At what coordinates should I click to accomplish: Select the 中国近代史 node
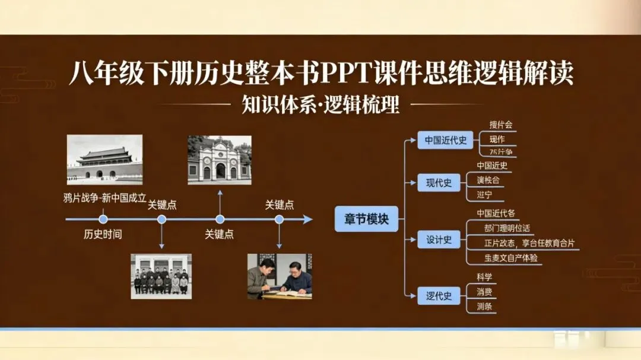click(445, 141)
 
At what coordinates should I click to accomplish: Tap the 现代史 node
click(439, 183)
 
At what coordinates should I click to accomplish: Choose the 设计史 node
click(439, 240)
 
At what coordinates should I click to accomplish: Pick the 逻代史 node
click(439, 295)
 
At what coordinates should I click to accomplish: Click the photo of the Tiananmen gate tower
click(104, 160)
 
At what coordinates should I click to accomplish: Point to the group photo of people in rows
click(161, 276)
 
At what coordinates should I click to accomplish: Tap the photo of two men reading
click(279, 276)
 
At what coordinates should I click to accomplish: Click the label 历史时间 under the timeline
click(103, 234)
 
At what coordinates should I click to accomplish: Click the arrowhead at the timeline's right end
click(307, 219)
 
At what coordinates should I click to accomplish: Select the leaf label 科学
click(484, 277)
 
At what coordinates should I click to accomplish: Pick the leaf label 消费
click(484, 292)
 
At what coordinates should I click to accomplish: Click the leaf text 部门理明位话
click(507, 228)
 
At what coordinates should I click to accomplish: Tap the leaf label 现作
click(497, 139)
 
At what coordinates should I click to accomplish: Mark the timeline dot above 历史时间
click(103, 219)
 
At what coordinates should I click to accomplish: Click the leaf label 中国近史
click(492, 165)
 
